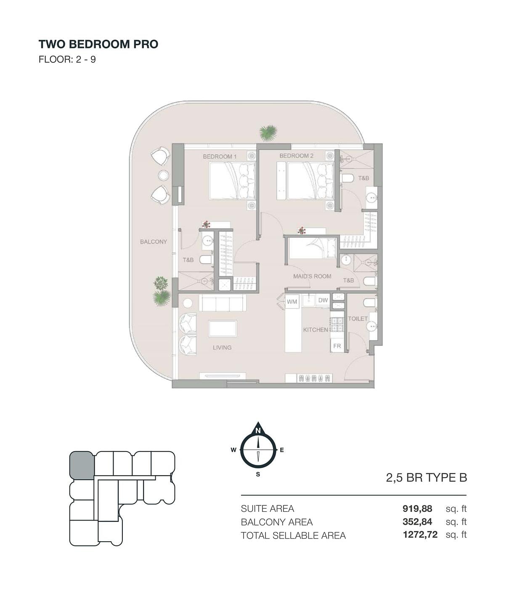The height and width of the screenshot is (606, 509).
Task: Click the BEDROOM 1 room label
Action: pyautogui.click(x=220, y=157)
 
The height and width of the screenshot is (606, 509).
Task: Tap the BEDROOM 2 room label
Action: pyautogui.click(x=296, y=156)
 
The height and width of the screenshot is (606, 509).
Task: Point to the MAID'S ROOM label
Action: pyautogui.click(x=312, y=276)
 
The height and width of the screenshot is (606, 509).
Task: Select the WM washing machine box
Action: pyautogui.click(x=292, y=302)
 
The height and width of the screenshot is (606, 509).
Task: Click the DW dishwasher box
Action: pyautogui.click(x=323, y=300)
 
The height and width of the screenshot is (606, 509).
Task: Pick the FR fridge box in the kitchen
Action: pyautogui.click(x=337, y=346)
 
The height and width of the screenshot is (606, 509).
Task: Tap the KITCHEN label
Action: pyautogui.click(x=316, y=330)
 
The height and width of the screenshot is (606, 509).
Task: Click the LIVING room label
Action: pyautogui.click(x=222, y=348)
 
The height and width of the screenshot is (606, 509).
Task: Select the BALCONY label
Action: pyautogui.click(x=154, y=242)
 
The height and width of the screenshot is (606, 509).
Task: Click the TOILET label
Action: pyautogui.click(x=358, y=319)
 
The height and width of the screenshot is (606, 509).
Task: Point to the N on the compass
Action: pyautogui.click(x=258, y=431)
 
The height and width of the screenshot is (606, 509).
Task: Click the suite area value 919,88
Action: pyautogui.click(x=417, y=508)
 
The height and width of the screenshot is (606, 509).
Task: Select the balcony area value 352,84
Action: pyautogui.click(x=417, y=522)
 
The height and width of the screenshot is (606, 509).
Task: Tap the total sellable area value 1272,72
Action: pyautogui.click(x=420, y=534)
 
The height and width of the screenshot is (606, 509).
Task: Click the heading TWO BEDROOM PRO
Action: pyautogui.click(x=98, y=44)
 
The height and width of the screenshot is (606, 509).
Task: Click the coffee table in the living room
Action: pyautogui.click(x=223, y=329)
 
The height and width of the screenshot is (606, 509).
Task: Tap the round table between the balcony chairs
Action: pyautogui.click(x=163, y=175)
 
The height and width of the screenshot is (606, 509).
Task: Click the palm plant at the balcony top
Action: pyautogui.click(x=268, y=133)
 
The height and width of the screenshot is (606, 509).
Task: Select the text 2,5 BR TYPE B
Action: pyautogui.click(x=426, y=477)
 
